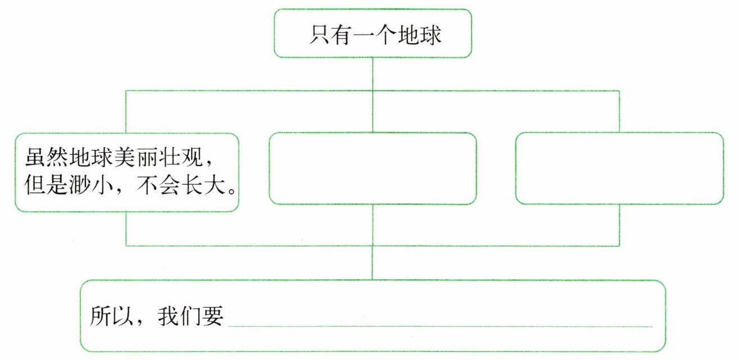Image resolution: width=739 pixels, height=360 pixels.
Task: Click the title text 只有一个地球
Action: click(375, 35)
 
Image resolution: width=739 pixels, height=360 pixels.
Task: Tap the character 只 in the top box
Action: click(319, 35)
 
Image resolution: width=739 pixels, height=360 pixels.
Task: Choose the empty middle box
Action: click(373, 168)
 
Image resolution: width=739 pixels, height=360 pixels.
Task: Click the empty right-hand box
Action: click(619, 168)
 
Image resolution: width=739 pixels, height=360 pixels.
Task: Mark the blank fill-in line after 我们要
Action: click(441, 325)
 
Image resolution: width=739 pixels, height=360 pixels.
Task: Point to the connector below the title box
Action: click(373, 73)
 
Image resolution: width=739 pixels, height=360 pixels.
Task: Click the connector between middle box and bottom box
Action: click(373, 225)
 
